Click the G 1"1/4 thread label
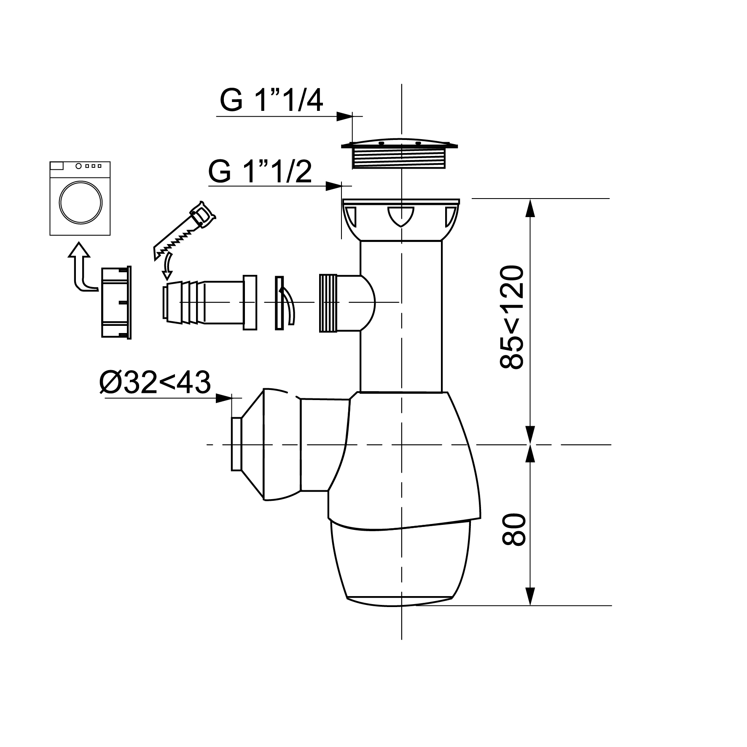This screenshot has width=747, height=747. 271,101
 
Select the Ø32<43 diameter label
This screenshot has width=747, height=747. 155,383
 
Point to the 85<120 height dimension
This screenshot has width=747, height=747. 511,317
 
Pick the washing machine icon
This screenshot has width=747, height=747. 80,198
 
